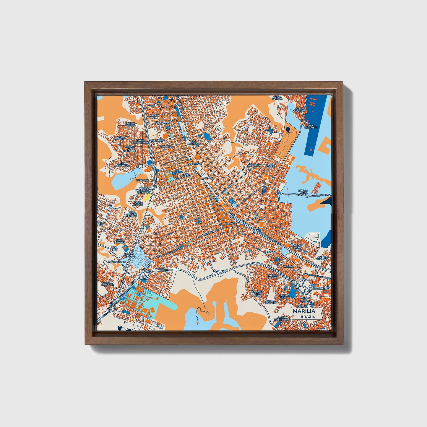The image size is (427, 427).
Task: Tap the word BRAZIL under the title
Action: click(307, 316)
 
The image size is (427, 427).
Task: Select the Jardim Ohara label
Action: click(153, 116)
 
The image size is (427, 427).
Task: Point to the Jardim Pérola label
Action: click(130, 124)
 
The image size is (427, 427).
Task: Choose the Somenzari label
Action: click(194, 164)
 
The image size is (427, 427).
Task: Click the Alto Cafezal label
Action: click(186, 175)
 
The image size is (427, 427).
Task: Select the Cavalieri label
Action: click(142, 180)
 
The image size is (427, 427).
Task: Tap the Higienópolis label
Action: click(117, 262)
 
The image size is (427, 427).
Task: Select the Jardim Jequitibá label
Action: click(299, 110)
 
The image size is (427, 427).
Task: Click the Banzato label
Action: click(254, 165)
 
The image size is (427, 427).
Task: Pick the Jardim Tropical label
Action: click(322, 258)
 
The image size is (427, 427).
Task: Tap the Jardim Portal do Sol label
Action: click(257, 294)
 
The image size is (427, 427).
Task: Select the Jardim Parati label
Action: click(272, 277)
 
